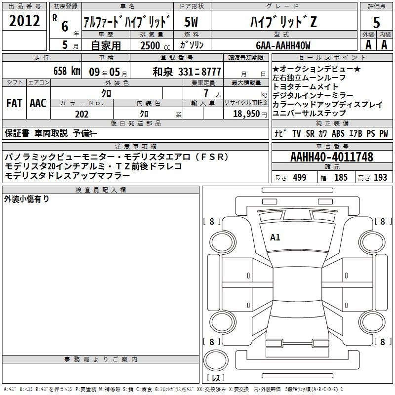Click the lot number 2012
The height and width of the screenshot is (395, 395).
tap(24, 21)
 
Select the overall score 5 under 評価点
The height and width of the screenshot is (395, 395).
tap(376, 22)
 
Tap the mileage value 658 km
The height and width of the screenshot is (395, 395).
tap(67, 71)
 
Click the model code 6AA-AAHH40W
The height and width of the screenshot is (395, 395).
tap(283, 45)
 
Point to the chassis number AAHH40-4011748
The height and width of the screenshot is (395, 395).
tap(332, 157)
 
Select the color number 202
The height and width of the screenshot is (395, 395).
tap(81, 114)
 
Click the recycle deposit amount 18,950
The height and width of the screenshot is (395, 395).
tap(246, 114)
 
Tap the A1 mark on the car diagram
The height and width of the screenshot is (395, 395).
tap(275, 237)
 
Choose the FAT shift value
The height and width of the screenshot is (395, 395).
tap(14, 103)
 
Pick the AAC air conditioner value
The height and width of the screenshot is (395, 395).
tap(38, 103)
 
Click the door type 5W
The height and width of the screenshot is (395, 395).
tap(191, 22)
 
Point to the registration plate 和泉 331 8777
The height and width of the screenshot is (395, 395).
tap(187, 72)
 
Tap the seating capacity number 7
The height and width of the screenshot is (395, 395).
tap(206, 93)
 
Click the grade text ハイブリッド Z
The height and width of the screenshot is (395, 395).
tap(283, 22)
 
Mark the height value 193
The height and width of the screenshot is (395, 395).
tap(380, 177)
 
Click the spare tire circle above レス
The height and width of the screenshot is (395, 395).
tap(216, 360)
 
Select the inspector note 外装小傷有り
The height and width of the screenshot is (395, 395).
tap(27, 199)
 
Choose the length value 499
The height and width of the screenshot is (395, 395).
tap(300, 177)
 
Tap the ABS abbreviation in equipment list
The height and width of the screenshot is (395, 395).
tap(338, 133)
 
